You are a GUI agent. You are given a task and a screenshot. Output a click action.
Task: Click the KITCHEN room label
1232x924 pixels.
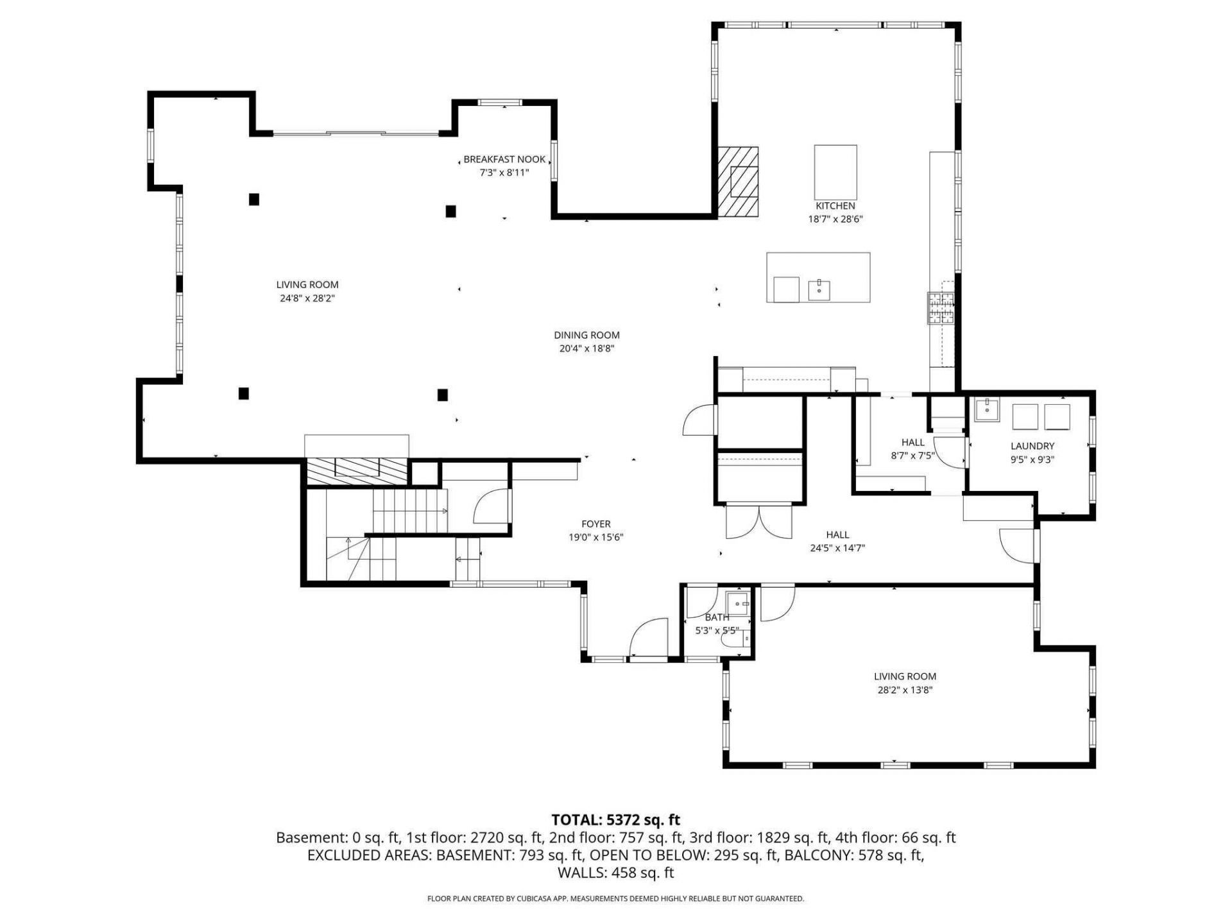click(835, 206)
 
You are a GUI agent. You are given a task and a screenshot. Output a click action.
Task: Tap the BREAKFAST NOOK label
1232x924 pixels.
click(504, 159)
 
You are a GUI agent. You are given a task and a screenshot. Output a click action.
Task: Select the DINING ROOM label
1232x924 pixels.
click(586, 335)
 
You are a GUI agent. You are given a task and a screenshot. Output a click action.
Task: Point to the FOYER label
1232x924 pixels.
click(596, 524)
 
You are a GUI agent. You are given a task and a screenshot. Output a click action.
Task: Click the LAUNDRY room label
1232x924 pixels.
click(1032, 446)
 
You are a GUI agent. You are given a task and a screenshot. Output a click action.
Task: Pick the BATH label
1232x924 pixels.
click(717, 617)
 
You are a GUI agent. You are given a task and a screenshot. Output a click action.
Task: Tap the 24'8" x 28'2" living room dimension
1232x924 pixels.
click(307, 298)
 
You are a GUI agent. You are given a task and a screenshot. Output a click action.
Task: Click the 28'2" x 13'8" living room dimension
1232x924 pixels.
click(905, 690)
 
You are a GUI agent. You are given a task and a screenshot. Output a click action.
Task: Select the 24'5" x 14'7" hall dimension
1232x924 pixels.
click(837, 548)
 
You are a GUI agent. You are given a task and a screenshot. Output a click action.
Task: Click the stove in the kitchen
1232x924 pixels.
click(941, 308)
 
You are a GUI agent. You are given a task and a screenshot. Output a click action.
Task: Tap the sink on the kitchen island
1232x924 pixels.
click(819, 290)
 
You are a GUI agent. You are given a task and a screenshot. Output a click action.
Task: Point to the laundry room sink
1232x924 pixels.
click(986, 409)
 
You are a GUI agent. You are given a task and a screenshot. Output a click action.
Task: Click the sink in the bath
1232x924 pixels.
click(737, 604)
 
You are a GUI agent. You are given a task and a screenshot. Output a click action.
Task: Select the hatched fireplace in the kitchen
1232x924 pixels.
click(738, 183)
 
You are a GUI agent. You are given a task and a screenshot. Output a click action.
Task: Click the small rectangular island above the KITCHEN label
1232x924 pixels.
click(835, 173)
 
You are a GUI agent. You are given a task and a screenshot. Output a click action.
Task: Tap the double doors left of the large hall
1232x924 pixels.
click(759, 522)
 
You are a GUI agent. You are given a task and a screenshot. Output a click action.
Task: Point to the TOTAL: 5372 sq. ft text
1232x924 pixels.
click(615, 819)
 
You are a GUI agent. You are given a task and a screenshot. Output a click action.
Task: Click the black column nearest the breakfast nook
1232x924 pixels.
click(450, 211)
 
